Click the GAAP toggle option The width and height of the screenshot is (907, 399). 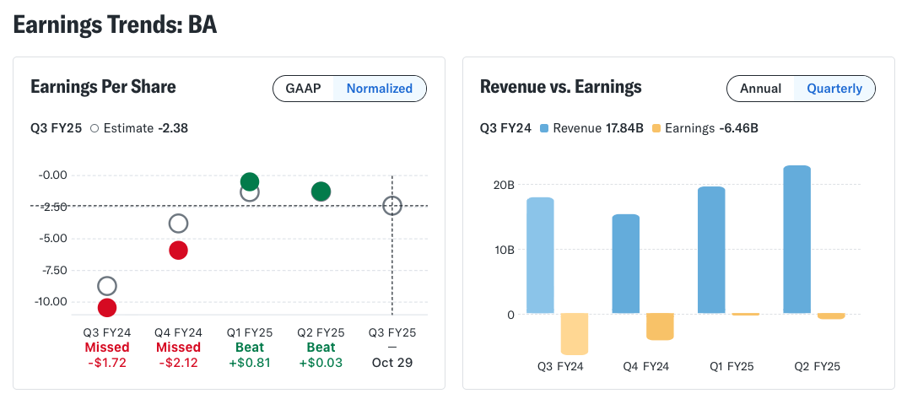click(303, 89)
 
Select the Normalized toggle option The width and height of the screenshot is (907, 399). click(380, 89)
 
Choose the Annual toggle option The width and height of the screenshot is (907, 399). click(760, 89)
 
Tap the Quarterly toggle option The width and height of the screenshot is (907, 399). click(834, 89)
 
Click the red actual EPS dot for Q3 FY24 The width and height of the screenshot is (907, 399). click(107, 308)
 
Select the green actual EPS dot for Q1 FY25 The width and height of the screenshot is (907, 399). click(249, 181)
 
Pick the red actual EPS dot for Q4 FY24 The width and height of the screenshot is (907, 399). click(178, 251)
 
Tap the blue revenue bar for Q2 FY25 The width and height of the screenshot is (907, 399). click(796, 240)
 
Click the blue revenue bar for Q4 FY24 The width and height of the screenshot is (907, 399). click(626, 264)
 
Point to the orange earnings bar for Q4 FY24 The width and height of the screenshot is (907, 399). click(660, 326)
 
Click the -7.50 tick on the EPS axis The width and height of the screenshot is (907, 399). click(52, 270)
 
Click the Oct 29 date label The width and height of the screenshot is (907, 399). click(392, 363)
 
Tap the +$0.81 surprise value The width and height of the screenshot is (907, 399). click(249, 363)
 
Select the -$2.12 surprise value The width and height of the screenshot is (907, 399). click(178, 363)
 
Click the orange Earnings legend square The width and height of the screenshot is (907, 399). click(656, 127)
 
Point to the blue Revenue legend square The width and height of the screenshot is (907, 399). click(543, 127)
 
